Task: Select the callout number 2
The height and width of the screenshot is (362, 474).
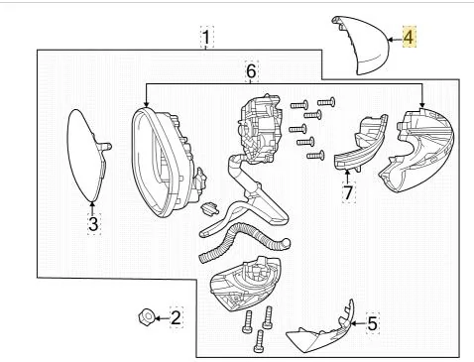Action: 176,317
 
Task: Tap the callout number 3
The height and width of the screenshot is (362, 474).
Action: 92,225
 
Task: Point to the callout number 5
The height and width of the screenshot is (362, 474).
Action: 372,322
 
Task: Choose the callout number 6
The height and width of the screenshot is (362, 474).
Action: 251,71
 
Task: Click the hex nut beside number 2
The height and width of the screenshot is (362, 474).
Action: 145,317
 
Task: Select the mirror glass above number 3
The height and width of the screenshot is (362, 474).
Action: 87,152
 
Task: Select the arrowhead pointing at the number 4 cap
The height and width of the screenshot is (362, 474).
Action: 390,39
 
